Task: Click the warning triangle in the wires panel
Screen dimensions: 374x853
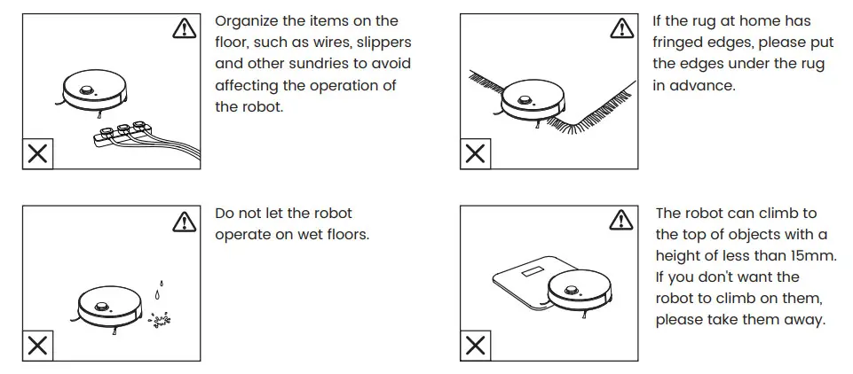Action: [x=183, y=29]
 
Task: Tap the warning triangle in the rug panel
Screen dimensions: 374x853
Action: [x=621, y=29]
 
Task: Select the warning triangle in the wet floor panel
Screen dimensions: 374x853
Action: [x=183, y=221]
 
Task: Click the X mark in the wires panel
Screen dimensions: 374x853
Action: [x=37, y=154]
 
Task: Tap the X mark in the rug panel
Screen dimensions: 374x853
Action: [x=476, y=154]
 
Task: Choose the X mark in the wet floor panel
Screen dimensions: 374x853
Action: [x=37, y=346]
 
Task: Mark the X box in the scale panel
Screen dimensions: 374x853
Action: [x=476, y=346]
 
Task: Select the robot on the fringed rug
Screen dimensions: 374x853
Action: [x=535, y=104]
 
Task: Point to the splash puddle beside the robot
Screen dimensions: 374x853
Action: [x=161, y=318]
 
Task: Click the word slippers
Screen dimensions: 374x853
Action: [x=383, y=42]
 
